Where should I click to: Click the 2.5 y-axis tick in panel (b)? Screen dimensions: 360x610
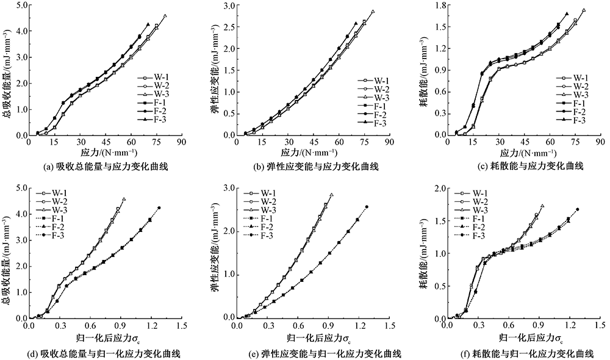[x=226, y=27]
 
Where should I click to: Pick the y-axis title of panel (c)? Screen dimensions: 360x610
[x=423, y=67]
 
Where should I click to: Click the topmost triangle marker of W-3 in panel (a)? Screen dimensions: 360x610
[x=165, y=16]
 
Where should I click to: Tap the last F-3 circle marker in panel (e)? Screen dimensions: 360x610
[x=367, y=207]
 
